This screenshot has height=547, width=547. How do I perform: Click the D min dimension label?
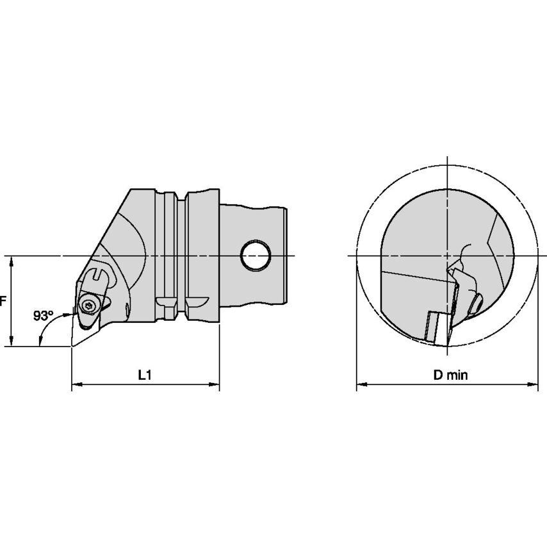point(450,375)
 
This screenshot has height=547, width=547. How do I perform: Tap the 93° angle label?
point(44,315)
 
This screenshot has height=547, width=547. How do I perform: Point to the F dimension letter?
point(3,300)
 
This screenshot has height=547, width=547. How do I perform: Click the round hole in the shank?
point(256,256)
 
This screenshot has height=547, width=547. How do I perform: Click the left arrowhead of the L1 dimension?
point(77,384)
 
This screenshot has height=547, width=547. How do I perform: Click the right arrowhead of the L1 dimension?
point(214,384)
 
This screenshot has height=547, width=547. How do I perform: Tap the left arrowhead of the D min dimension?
point(362,384)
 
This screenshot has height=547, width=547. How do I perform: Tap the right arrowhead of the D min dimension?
point(532,384)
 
